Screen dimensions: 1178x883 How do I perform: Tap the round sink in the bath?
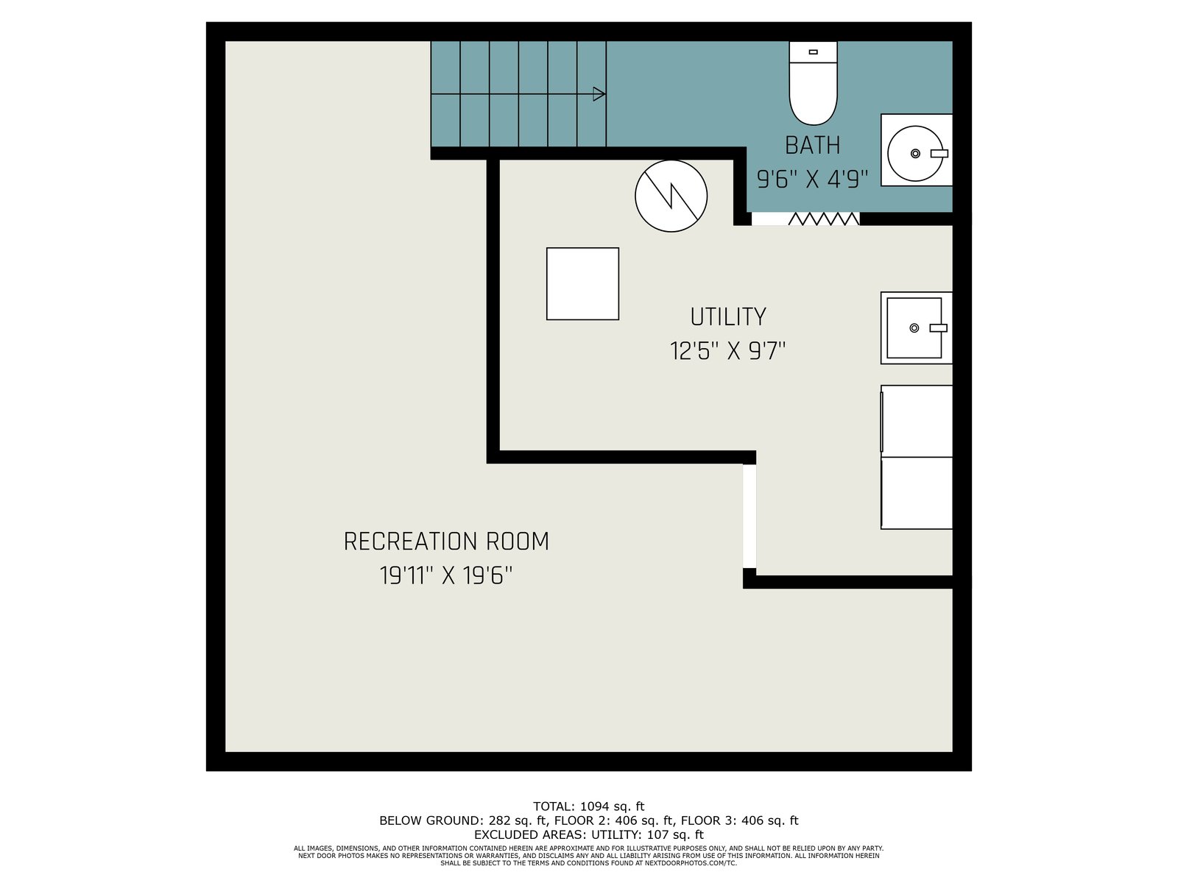(915, 153)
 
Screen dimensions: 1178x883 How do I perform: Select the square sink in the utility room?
(916, 327)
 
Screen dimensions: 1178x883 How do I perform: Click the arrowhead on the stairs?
(599, 94)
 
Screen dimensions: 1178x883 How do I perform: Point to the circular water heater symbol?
(671, 196)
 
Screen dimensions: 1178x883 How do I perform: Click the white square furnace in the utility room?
(582, 283)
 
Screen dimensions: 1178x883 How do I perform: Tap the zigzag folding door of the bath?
(823, 219)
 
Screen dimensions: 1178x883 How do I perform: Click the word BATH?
(812, 145)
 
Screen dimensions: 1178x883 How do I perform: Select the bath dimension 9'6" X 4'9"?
(812, 179)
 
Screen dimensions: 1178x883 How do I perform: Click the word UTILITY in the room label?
(727, 317)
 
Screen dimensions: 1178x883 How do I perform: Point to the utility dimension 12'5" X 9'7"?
(727, 351)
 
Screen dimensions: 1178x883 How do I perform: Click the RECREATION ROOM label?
(446, 542)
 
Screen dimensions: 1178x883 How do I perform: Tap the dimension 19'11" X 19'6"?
(446, 576)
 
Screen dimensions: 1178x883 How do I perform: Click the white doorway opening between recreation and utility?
(750, 516)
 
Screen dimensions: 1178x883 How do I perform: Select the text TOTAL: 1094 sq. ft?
(588, 806)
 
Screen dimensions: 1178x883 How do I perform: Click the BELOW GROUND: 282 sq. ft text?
(463, 820)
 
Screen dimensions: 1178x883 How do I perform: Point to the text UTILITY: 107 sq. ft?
(647, 834)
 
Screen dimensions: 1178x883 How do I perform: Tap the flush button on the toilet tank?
(813, 52)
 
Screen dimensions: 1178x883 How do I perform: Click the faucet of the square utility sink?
(938, 328)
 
